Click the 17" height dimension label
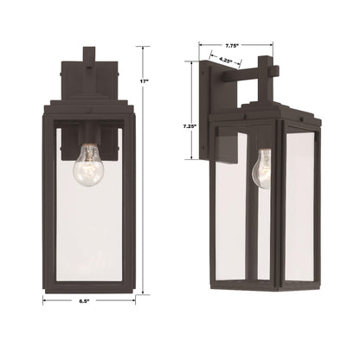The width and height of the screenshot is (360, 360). point(144,81)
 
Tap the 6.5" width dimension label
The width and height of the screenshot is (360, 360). point(84,301)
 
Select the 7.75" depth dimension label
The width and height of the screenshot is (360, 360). point(232,45)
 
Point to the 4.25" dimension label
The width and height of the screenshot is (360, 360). point(226,61)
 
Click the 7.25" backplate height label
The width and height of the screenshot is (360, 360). point(190,126)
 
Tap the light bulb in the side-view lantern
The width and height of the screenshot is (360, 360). point(262,169)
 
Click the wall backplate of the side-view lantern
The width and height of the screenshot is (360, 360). point(205,110)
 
